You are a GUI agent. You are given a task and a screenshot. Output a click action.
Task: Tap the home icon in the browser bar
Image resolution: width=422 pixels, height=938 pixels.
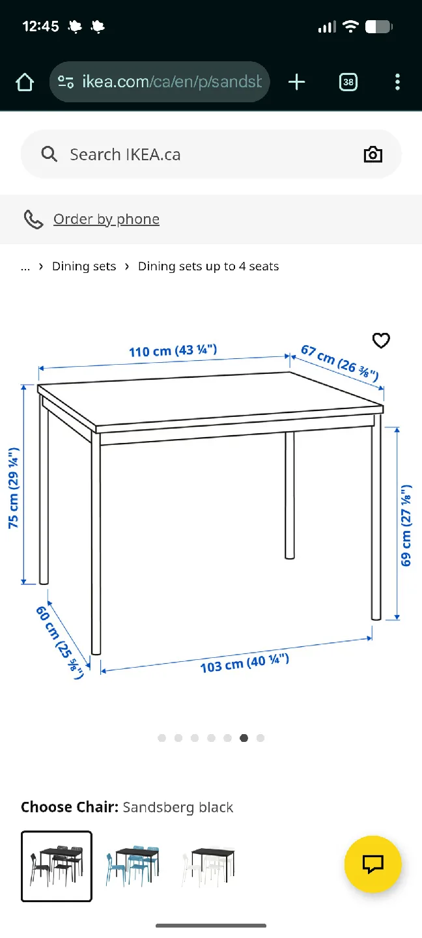[x=25, y=82]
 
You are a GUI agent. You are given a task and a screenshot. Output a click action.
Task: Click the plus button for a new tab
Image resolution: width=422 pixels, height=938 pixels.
[x=296, y=82]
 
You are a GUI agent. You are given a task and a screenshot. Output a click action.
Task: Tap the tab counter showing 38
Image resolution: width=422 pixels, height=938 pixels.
[x=348, y=82]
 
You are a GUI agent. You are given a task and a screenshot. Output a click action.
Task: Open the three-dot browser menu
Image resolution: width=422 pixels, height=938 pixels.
[x=397, y=82]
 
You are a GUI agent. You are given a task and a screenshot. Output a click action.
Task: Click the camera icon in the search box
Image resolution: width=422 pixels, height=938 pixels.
[x=373, y=154]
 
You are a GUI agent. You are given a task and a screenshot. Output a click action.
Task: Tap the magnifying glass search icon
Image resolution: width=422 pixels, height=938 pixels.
[x=49, y=154]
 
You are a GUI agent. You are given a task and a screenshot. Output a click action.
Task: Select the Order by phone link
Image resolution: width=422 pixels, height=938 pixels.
[x=106, y=220]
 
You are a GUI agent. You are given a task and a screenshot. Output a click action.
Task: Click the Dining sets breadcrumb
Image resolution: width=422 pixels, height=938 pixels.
[x=84, y=266]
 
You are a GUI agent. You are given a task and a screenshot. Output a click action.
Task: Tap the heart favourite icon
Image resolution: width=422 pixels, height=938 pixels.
[x=381, y=341]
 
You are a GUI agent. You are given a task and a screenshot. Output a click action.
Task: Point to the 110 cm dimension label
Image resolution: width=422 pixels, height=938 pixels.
[x=173, y=351]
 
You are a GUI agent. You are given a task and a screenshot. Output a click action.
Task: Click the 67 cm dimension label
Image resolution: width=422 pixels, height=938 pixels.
[x=339, y=363]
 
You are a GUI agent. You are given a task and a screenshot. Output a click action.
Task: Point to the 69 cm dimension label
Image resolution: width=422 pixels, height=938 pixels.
[x=406, y=525]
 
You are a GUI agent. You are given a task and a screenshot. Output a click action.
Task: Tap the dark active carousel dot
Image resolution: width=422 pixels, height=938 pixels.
[x=244, y=738]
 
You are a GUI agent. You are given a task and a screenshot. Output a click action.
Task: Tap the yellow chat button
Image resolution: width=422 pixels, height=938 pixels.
[x=373, y=864]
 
